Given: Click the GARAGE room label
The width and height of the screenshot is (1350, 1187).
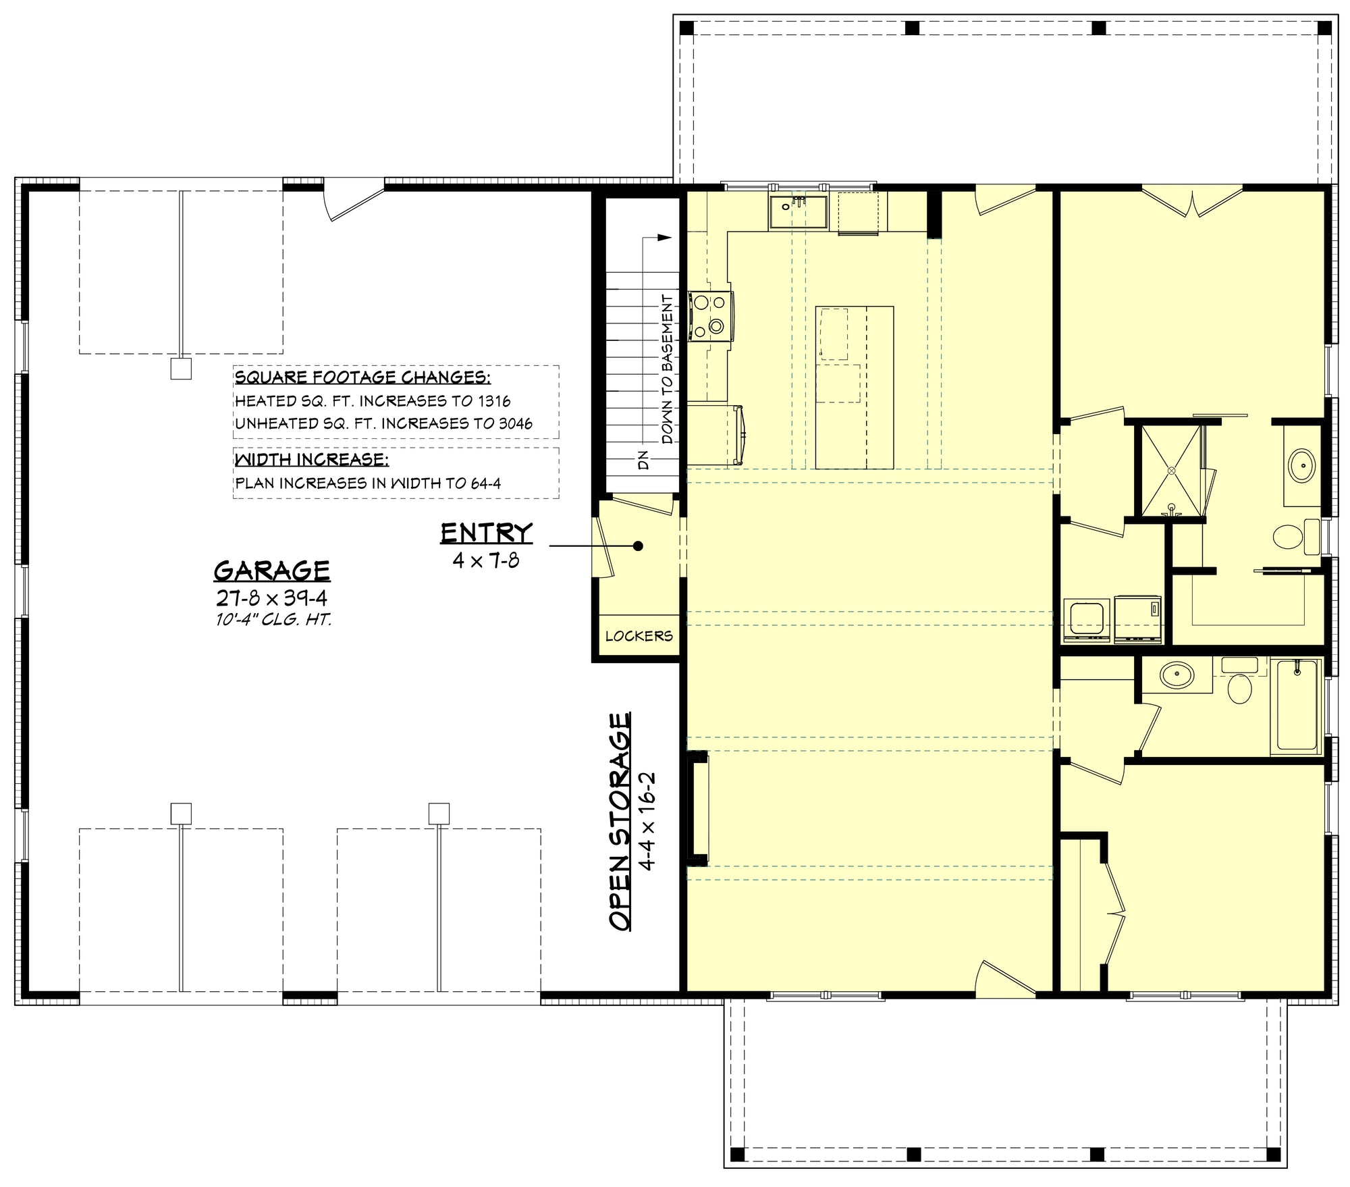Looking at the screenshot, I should click(x=271, y=571).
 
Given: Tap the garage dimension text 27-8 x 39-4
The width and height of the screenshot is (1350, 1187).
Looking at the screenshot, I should click(x=271, y=598).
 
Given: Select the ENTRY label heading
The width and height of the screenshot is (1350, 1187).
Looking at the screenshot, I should click(x=486, y=533).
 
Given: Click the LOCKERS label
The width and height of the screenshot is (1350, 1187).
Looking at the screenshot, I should click(x=639, y=636).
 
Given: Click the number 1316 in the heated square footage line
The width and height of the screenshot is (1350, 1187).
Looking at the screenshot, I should click(x=494, y=401).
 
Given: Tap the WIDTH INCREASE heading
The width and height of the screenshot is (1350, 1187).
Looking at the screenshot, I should click(x=312, y=460).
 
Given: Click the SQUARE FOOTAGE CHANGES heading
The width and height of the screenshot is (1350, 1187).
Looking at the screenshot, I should click(x=362, y=377).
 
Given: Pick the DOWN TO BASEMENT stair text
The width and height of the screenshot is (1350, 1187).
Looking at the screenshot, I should click(x=667, y=369).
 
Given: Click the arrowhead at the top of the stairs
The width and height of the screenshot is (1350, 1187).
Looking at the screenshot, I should click(x=666, y=237).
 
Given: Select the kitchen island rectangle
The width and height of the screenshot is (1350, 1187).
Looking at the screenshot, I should click(x=855, y=388).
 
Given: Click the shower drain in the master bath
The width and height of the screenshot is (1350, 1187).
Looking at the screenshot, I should click(x=1172, y=469).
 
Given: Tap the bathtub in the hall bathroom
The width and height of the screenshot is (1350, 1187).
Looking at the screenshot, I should click(x=1296, y=706).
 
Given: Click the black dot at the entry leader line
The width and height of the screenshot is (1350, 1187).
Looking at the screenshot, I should click(x=637, y=546).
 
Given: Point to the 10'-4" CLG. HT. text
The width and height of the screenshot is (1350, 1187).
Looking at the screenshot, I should click(x=273, y=620).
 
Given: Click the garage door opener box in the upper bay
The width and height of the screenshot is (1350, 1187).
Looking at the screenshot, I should click(x=181, y=369).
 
